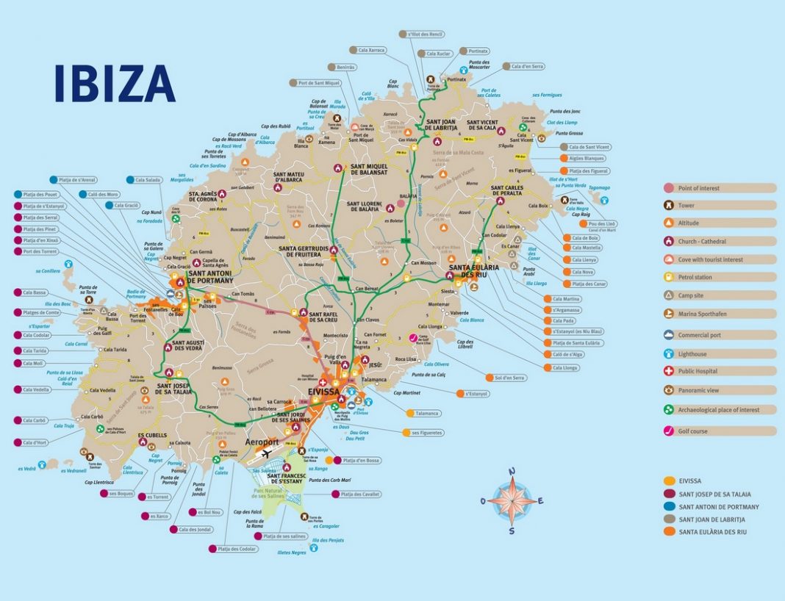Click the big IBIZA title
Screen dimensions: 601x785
pyautogui.click(x=115, y=83)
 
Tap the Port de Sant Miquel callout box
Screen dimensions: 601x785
pyautogui.click(x=319, y=82)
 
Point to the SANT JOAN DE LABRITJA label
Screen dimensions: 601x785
pyautogui.click(x=440, y=126)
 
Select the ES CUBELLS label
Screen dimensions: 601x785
pyautogui.click(x=152, y=435)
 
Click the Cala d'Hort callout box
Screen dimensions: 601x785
pyautogui.click(x=34, y=442)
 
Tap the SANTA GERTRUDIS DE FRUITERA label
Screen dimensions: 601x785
pyautogui.click(x=304, y=252)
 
